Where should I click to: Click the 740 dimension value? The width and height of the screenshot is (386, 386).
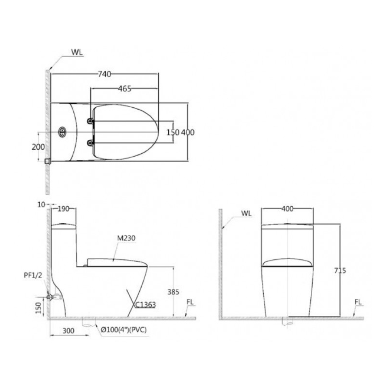point(105,74)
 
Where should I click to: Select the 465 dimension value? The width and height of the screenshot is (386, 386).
point(125,88)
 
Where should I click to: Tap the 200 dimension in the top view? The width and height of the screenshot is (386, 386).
point(38,147)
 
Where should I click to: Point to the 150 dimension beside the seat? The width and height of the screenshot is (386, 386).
point(173,132)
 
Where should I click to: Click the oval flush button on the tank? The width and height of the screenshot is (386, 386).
point(62,132)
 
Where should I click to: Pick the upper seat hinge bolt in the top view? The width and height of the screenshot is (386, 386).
point(90,121)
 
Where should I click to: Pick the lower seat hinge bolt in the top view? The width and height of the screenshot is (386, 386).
point(90,142)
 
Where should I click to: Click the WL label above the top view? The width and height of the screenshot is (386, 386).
point(77,52)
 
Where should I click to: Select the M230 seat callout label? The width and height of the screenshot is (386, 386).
point(126,238)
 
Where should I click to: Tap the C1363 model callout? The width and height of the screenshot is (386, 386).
point(146,305)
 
